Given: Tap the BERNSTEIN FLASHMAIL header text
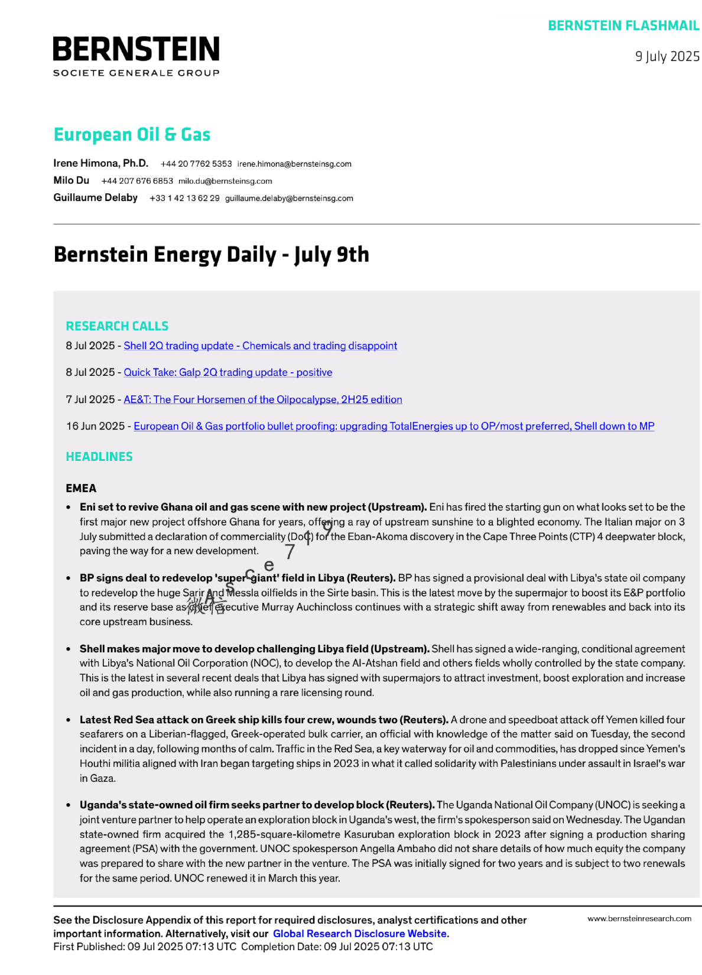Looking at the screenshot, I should coord(623,26).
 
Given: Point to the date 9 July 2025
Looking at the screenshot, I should coord(667,57).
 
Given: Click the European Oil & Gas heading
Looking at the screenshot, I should coord(132,135).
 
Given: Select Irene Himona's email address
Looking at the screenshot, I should coord(294,164).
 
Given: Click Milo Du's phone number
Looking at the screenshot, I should coord(137,181).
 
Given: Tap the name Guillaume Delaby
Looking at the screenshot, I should coord(95,198).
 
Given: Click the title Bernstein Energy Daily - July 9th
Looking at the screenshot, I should coord(211,255).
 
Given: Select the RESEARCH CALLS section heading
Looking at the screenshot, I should coord(117,326).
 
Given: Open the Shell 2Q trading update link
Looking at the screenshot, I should coord(260,346).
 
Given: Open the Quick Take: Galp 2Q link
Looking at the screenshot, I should coord(227,373).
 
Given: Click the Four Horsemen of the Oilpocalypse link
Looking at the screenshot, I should coord(262,400).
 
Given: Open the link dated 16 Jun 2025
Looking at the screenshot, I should coord(394,427).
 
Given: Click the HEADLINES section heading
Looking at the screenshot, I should coord(99,457).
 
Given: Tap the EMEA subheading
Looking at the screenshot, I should coord(81,489).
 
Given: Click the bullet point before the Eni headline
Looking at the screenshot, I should coord(69,508).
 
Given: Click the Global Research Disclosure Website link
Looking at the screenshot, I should coord(359,934).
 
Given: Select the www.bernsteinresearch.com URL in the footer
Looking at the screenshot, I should coord(639,919).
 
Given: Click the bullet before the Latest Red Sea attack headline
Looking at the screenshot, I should coord(69,720).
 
